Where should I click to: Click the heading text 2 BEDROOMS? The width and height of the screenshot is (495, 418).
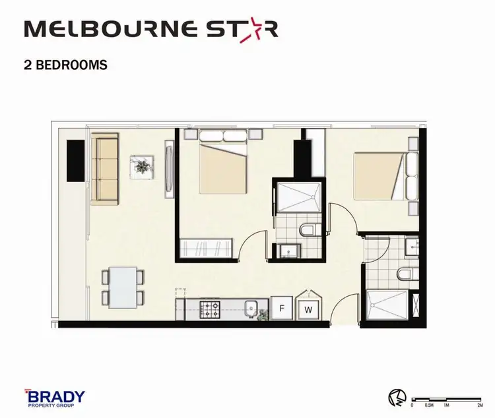coord(65,65)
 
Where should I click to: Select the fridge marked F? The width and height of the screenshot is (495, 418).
coord(282,307)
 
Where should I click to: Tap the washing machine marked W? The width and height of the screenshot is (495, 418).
coord(307,309)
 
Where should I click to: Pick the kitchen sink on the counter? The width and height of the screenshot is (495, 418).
coord(250,308)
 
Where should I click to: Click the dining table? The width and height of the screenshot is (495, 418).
coord(123,287)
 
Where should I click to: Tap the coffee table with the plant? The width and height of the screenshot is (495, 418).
coord(141,166)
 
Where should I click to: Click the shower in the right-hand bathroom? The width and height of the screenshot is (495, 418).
coord(387,305)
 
